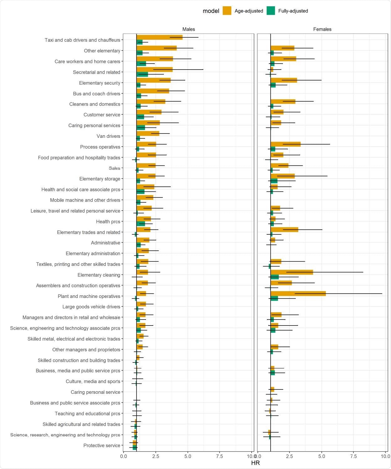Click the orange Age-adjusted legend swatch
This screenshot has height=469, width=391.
(227, 11)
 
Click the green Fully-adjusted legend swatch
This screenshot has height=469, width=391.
(271, 11)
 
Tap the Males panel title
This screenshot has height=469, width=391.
(189, 29)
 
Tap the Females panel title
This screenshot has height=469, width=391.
(322, 29)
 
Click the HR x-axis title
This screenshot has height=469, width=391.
(255, 463)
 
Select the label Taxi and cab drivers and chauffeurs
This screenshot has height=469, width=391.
(82, 40)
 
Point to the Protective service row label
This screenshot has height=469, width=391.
(102, 446)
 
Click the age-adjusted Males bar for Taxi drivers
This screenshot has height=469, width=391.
(159, 38)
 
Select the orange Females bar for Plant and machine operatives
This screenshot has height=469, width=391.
(298, 294)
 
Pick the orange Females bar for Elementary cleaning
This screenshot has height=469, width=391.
(292, 272)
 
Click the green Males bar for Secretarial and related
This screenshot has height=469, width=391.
(142, 75)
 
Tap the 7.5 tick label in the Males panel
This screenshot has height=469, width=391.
(220, 456)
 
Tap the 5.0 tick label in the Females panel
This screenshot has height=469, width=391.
(322, 456)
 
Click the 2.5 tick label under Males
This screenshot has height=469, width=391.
(156, 456)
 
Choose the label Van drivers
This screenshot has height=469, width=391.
(108, 136)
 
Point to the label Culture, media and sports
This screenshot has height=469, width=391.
(93, 381)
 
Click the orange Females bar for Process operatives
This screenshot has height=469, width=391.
(285, 144)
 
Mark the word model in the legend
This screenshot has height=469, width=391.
(211, 11)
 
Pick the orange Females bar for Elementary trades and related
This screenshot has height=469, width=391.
(284, 230)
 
